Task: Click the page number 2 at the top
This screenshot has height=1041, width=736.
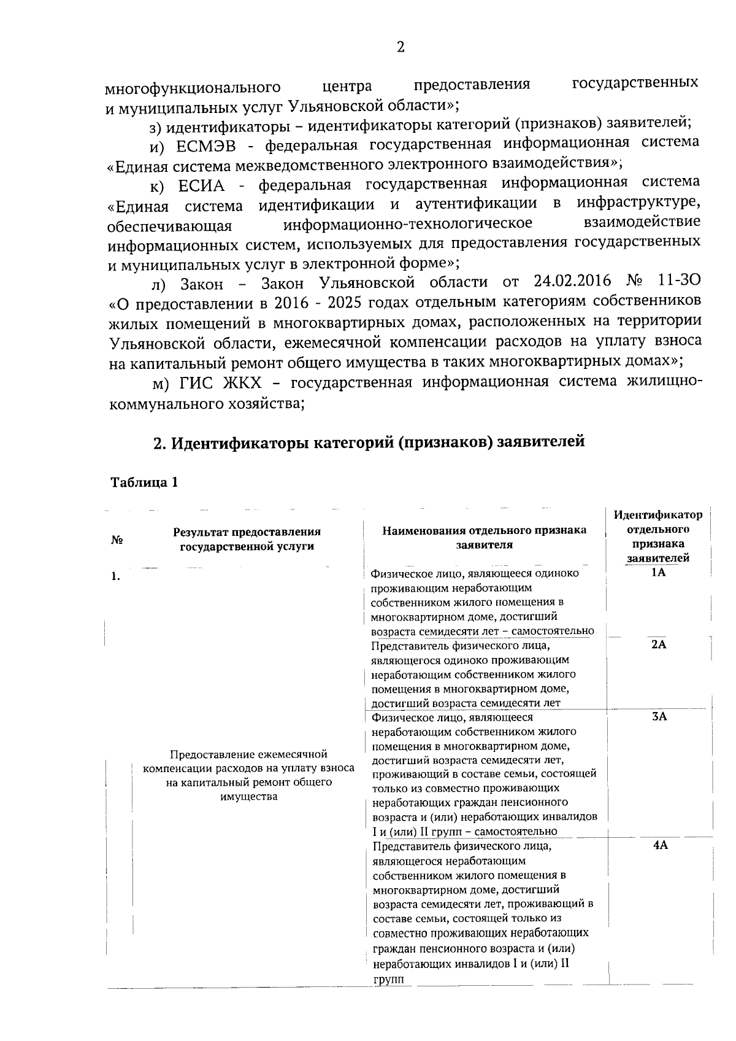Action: pos(401,47)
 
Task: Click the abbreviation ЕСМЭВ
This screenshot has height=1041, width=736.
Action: pos(208,144)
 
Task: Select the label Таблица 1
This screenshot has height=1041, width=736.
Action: pos(144,482)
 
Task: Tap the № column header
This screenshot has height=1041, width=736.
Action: pos(117,540)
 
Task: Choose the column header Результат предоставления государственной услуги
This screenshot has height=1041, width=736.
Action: pos(247,539)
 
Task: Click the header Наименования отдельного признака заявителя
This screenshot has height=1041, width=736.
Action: pos(484,537)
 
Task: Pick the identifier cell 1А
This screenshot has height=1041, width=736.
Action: pos(658,573)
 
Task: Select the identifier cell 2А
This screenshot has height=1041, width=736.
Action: pos(659,644)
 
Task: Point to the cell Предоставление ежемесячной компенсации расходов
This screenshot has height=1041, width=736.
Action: pos(248,775)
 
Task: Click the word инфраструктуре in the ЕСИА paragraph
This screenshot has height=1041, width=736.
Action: pos(638,203)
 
